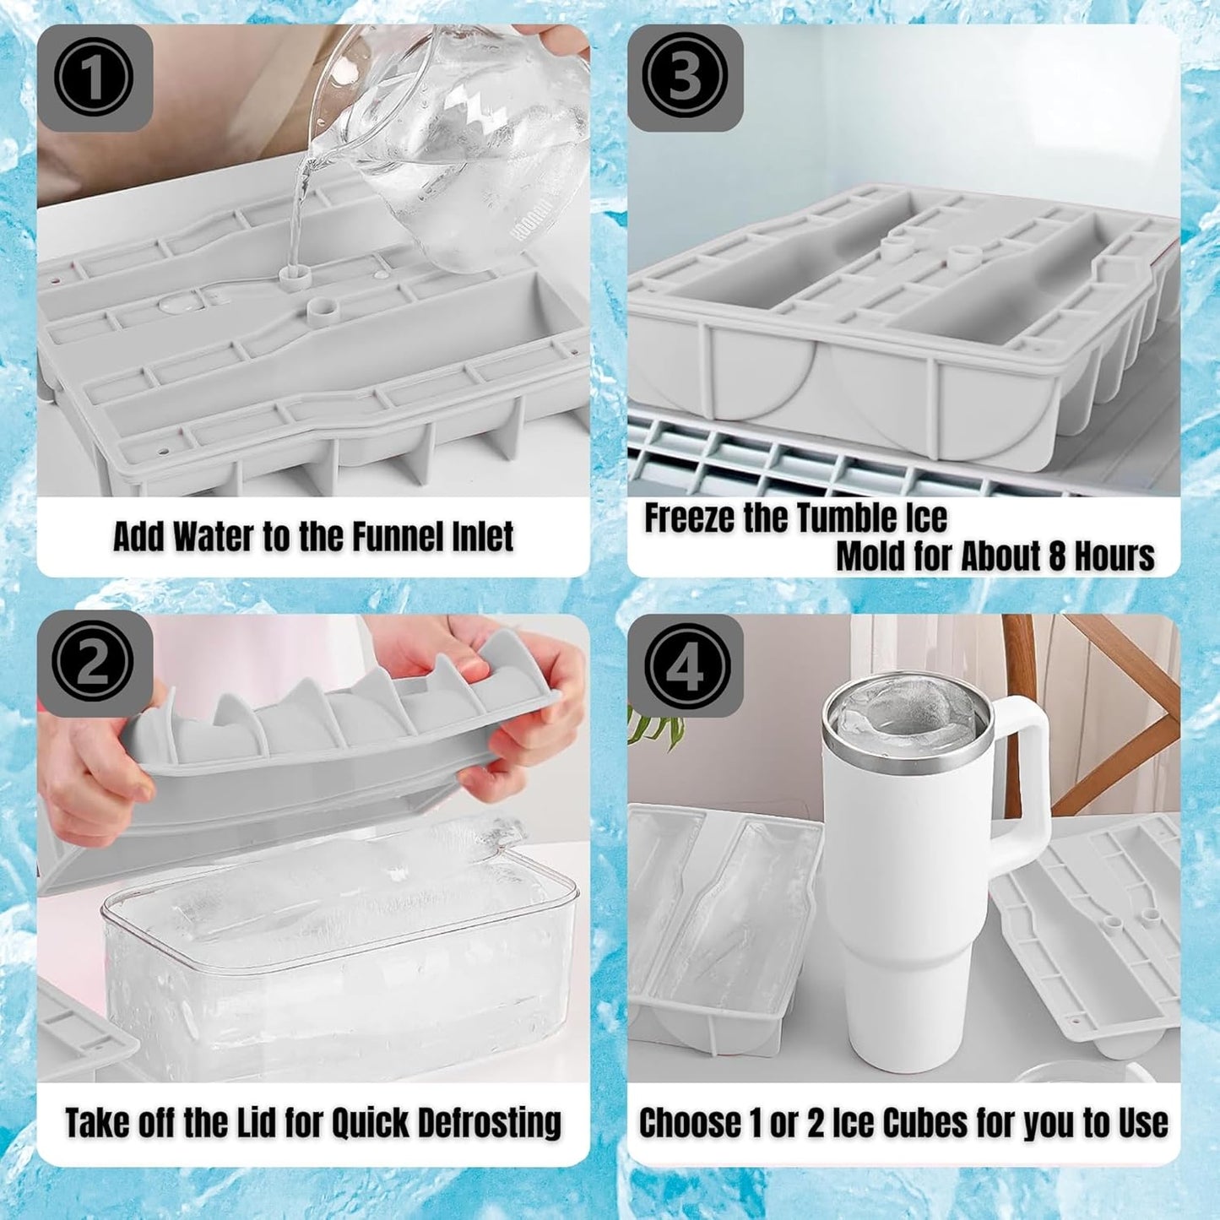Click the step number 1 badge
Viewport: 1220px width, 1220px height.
93,78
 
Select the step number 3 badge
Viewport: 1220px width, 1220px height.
684,78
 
